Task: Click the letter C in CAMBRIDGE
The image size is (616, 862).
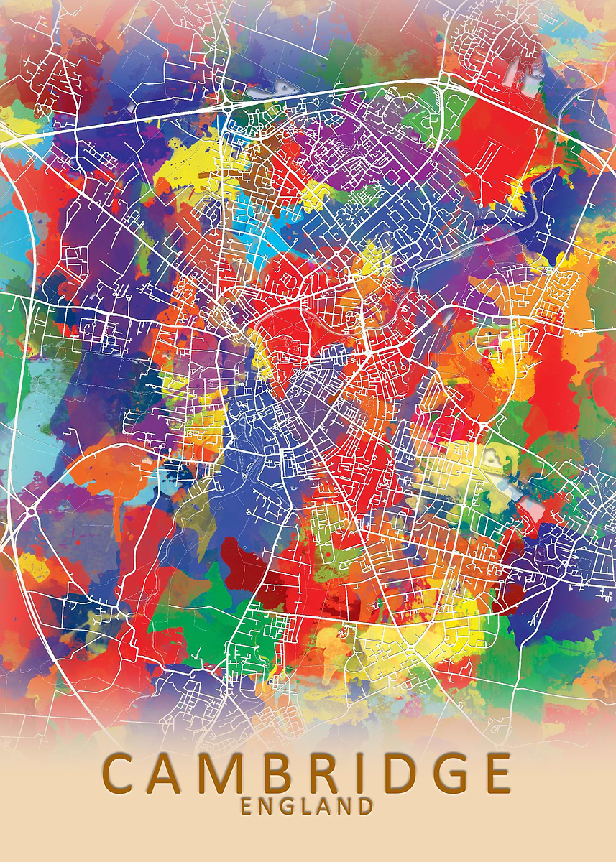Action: click(x=124, y=772)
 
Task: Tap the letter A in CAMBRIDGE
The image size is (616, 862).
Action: click(x=171, y=772)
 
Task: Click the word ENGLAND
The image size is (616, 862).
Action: click(x=307, y=806)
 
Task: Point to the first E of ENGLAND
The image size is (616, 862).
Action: click(x=246, y=806)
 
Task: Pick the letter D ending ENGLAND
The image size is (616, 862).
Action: click(x=366, y=806)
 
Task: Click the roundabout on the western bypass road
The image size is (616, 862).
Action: click(x=31, y=511)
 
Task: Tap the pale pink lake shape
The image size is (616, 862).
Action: click(x=533, y=509)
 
